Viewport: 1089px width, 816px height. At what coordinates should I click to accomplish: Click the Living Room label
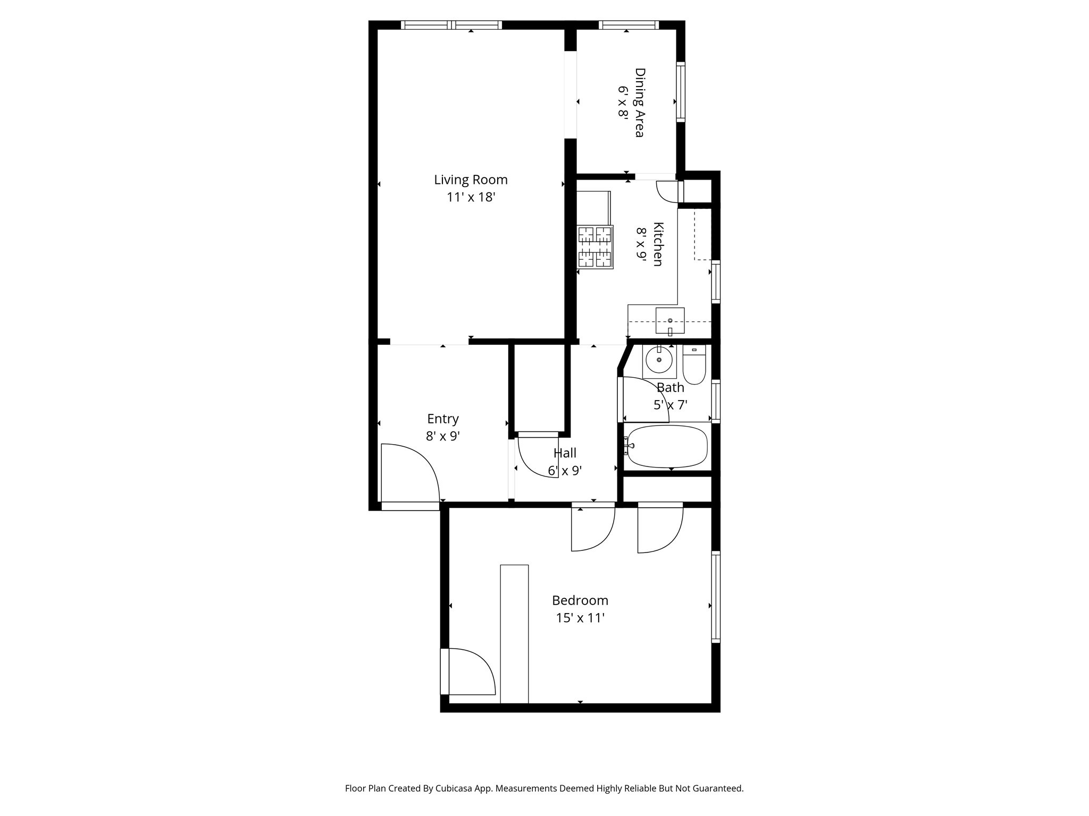[471, 180]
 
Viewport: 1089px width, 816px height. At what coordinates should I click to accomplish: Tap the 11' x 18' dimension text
[471, 197]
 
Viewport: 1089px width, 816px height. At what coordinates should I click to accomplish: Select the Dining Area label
[640, 102]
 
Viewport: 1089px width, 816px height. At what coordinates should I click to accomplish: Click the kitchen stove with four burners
[595, 246]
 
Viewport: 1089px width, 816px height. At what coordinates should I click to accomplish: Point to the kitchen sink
[669, 321]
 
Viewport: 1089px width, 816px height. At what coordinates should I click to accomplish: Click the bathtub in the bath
[667, 446]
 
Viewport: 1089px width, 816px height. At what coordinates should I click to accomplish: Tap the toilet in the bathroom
[694, 365]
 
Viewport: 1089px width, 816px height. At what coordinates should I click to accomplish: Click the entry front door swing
[409, 473]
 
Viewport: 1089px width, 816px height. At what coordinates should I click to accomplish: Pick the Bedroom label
[580, 600]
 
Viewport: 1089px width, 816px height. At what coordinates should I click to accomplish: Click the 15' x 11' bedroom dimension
[580, 618]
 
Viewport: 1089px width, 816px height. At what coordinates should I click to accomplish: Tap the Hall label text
[565, 453]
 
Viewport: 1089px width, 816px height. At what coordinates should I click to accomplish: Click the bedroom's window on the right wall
[716, 597]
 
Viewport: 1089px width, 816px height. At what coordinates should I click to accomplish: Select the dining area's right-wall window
[681, 92]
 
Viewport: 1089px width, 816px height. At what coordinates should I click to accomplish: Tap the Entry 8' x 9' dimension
[442, 436]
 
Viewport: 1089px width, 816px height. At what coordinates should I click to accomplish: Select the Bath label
[670, 387]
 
